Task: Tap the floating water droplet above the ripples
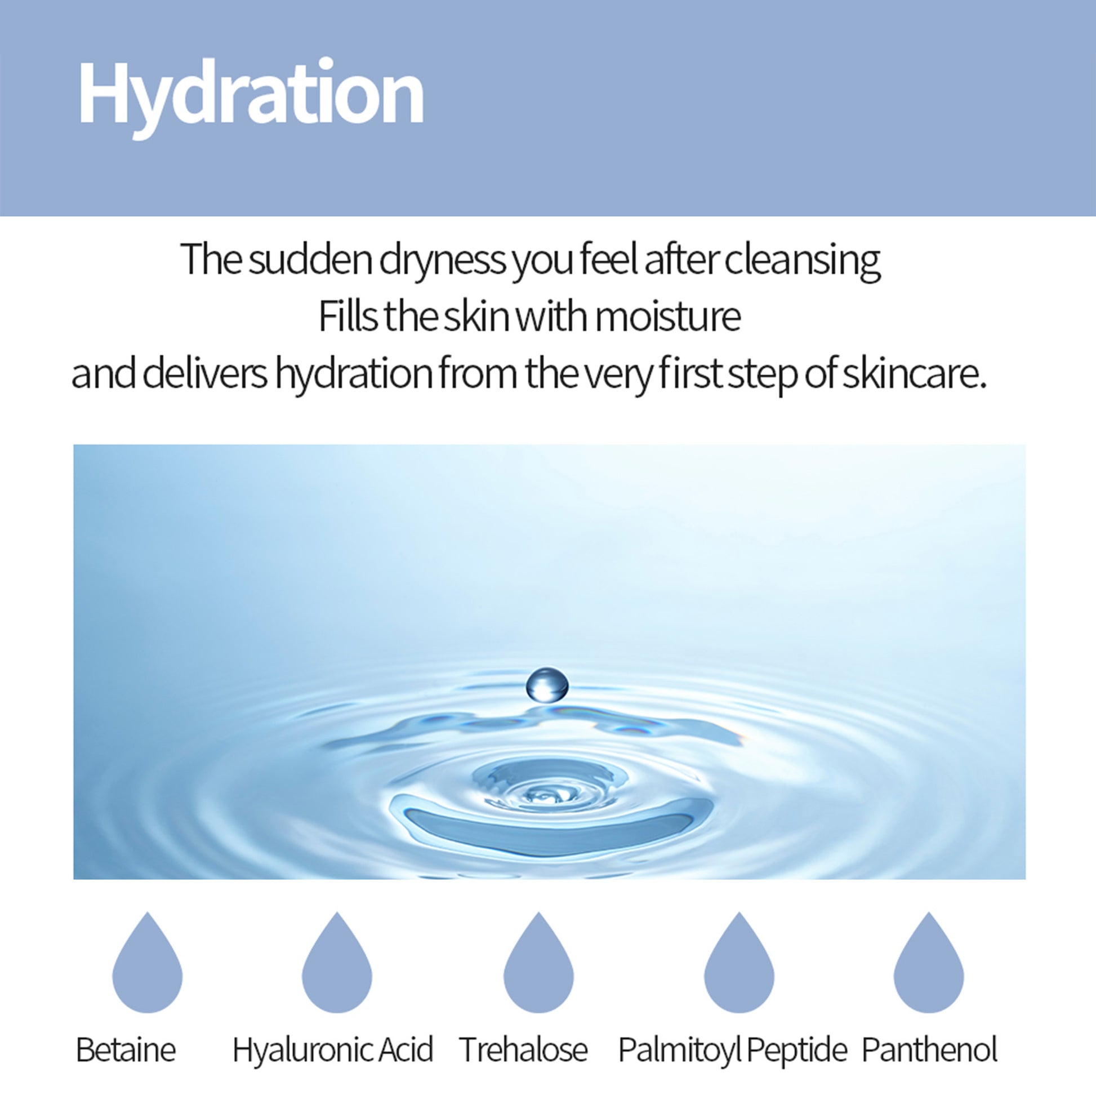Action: [x=547, y=685]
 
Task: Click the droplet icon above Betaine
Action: [x=148, y=962]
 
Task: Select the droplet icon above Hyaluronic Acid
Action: [x=337, y=962]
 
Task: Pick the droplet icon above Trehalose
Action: [x=538, y=962]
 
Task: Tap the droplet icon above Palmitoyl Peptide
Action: [x=739, y=962]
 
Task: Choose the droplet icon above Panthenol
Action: [x=929, y=962]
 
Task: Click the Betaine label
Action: [x=126, y=1049]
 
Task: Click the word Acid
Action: [x=406, y=1049]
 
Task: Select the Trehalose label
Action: [x=524, y=1049]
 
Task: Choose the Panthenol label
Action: [x=929, y=1049]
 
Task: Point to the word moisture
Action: [x=668, y=317]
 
